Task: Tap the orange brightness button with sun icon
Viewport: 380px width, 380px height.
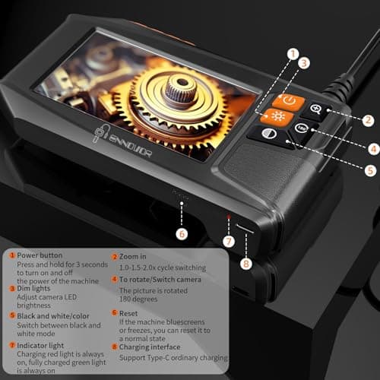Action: point(271,116)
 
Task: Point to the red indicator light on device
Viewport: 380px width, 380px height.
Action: point(226,217)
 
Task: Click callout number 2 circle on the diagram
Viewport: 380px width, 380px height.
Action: point(368,119)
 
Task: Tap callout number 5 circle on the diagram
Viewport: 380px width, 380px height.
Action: point(370,172)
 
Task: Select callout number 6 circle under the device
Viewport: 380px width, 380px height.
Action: point(182,233)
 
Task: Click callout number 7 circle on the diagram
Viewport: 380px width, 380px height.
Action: point(228,242)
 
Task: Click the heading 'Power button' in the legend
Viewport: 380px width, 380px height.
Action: point(40,255)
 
